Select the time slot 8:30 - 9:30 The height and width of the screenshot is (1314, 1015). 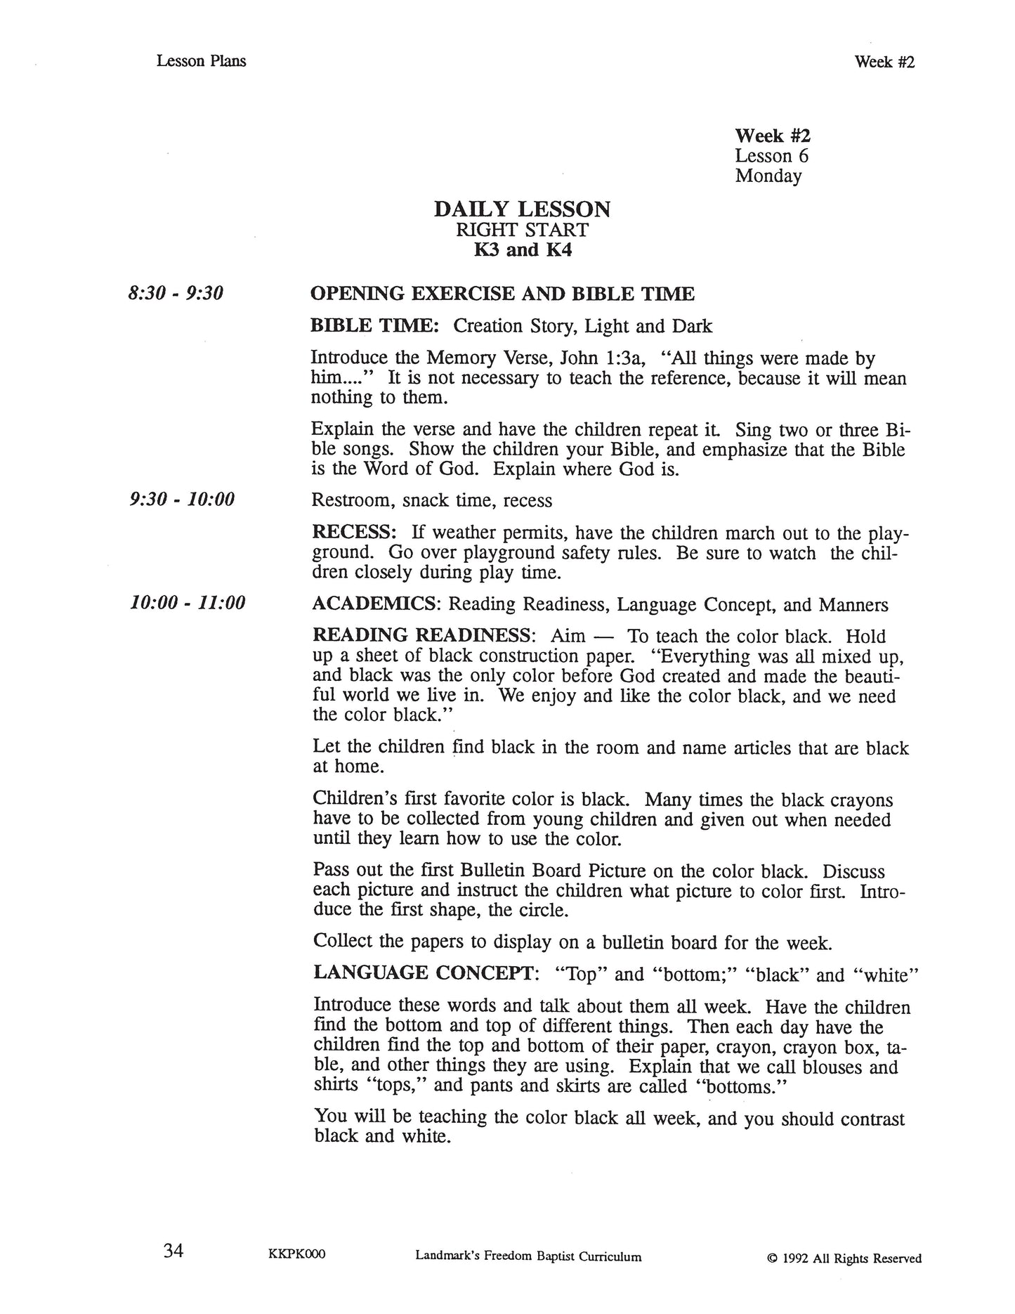pyautogui.click(x=176, y=294)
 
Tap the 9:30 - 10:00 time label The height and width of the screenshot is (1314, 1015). pyautogui.click(x=182, y=500)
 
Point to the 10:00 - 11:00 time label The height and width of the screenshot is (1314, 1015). pyautogui.click(x=188, y=603)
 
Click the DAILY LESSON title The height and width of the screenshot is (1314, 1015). pyautogui.click(x=522, y=209)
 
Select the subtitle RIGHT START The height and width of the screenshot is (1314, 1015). pyautogui.click(x=522, y=230)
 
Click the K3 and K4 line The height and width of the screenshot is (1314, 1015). pyautogui.click(x=522, y=249)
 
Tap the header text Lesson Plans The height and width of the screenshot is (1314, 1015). pyautogui.click(x=201, y=61)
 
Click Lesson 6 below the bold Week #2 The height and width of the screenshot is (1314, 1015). pyautogui.click(x=771, y=156)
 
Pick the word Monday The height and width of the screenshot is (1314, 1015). pyautogui.click(x=768, y=176)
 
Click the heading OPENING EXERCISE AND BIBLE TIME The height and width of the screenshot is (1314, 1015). pyautogui.click(x=502, y=294)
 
